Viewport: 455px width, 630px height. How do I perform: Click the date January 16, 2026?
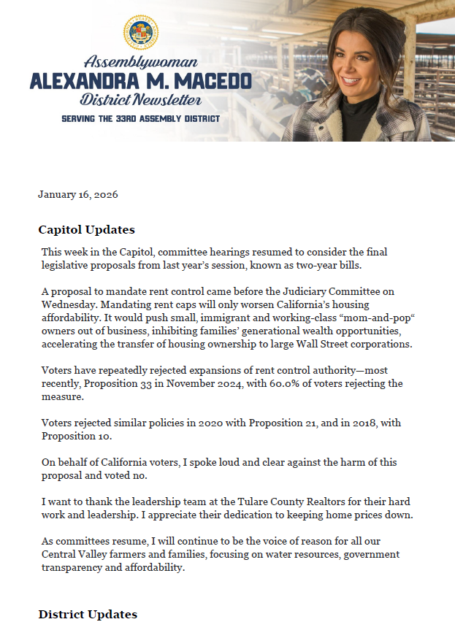[x=78, y=195]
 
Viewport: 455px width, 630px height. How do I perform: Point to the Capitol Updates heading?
[x=86, y=229]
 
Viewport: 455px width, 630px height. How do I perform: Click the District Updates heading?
[x=88, y=615]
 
